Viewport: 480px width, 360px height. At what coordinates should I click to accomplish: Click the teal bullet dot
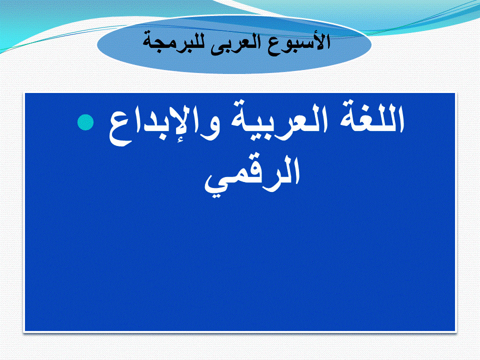point(85,122)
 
